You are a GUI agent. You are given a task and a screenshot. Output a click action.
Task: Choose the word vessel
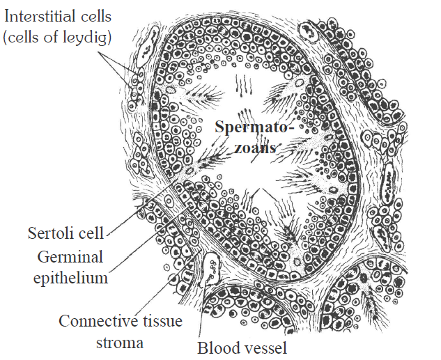click(263, 346)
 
